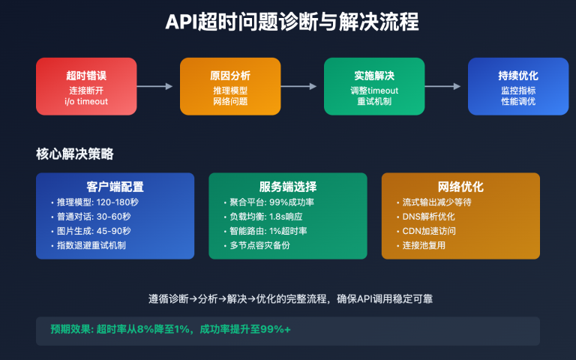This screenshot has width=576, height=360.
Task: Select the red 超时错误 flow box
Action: click(86, 86)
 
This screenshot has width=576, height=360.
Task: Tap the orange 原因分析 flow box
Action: click(230, 86)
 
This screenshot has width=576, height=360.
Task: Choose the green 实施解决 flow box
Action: click(374, 86)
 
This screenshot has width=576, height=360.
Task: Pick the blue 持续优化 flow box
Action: click(518, 86)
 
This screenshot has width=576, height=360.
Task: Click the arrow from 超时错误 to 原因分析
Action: click(158, 86)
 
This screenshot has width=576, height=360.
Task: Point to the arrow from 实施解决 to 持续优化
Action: click(446, 86)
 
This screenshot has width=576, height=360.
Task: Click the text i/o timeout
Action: click(86, 101)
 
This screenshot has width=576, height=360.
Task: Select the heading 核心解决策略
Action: click(75, 154)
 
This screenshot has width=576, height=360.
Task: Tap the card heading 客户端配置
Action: click(115, 187)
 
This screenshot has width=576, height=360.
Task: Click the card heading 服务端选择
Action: click(287, 187)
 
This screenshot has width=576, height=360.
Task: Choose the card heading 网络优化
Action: click(460, 187)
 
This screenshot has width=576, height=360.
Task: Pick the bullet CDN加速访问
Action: click(429, 231)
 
